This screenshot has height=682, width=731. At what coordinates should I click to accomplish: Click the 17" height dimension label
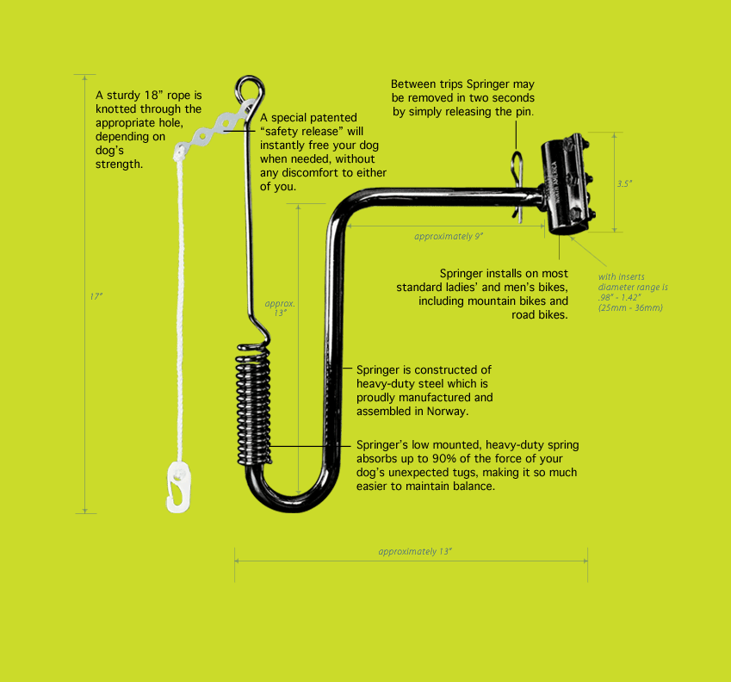pyautogui.click(x=96, y=296)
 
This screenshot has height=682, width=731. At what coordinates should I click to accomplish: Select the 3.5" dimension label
pyautogui.click(x=623, y=183)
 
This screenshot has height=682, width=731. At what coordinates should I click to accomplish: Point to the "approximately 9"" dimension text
pyautogui.click(x=449, y=236)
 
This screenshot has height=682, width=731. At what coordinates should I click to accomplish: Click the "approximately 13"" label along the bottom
pyautogui.click(x=415, y=551)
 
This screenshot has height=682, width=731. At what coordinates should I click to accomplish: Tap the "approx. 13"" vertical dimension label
pyautogui.click(x=280, y=308)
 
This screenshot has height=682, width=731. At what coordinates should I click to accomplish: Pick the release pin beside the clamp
pyautogui.click(x=517, y=185)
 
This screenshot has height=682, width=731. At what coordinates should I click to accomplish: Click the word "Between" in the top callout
pyautogui.click(x=415, y=84)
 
